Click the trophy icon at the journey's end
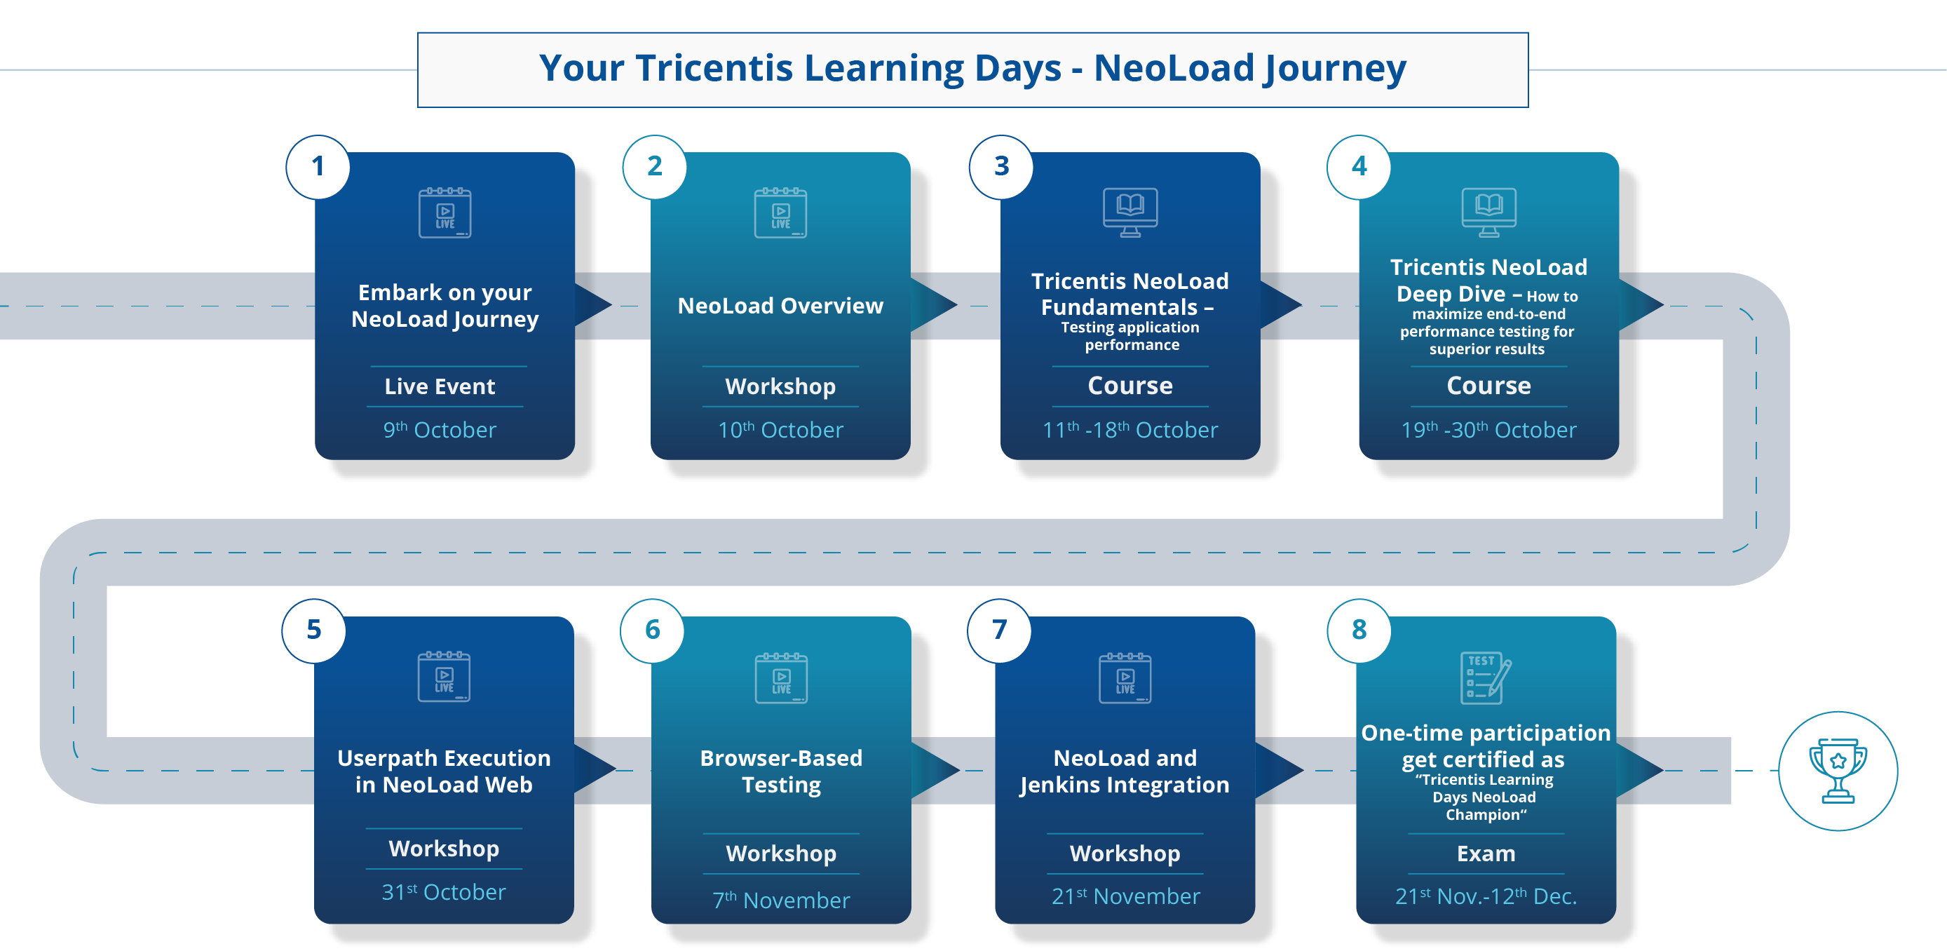(1838, 770)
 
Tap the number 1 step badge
(318, 166)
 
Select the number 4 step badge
(1359, 166)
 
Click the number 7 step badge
(999, 630)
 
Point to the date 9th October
(439, 429)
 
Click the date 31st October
(444, 892)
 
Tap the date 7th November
(781, 900)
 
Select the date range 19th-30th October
(1488, 429)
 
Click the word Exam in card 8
(1486, 854)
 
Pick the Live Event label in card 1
(439, 386)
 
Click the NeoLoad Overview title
(780, 305)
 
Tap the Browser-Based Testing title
(781, 771)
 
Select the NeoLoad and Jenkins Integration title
(1125, 771)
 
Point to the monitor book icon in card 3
(1130, 212)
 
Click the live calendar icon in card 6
(781, 678)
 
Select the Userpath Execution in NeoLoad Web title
(444, 771)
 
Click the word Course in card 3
(1130, 386)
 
